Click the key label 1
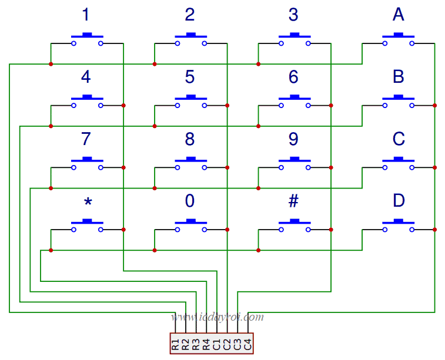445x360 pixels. (x=86, y=15)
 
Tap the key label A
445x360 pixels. (x=399, y=15)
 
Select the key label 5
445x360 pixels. (x=190, y=78)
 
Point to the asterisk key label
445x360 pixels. (x=88, y=202)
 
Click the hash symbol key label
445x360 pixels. (x=293, y=201)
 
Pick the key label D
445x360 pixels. (x=399, y=201)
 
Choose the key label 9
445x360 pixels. (x=293, y=140)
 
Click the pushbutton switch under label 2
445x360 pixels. (x=190, y=39)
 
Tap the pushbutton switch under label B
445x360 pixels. (x=399, y=102)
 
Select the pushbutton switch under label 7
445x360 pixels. (x=87, y=164)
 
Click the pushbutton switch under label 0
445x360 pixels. (x=190, y=226)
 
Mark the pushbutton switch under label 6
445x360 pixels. (x=295, y=102)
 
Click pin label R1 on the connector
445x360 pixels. (x=175, y=345)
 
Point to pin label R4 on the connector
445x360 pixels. (x=206, y=345)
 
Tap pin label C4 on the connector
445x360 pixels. (x=248, y=345)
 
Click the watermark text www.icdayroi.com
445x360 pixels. (x=218, y=318)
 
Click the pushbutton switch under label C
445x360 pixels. (x=399, y=164)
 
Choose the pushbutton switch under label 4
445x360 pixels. (x=87, y=102)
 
